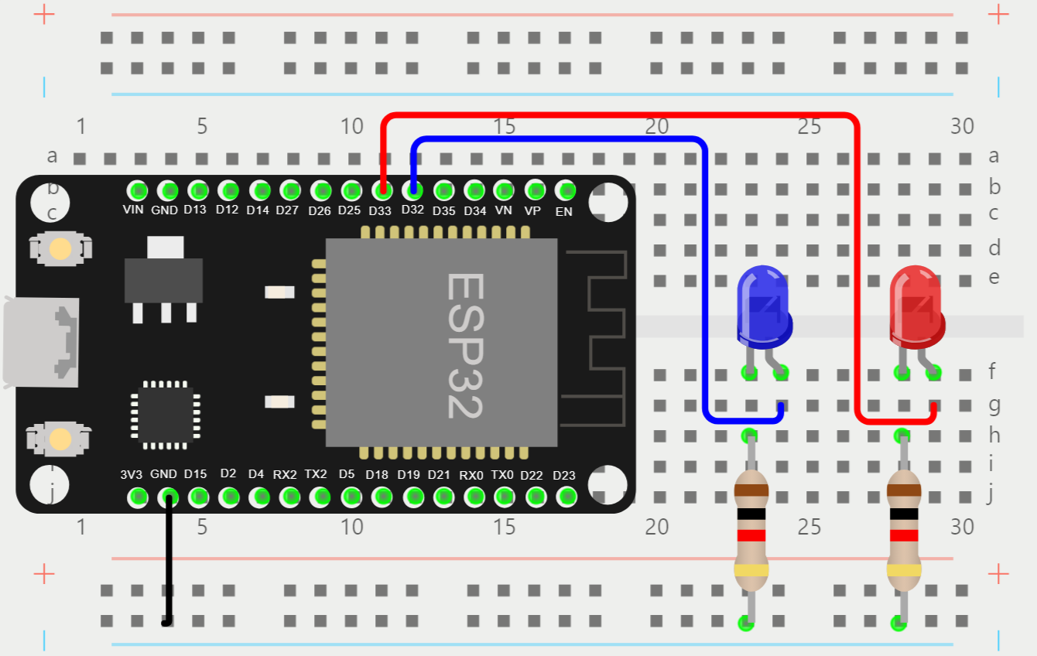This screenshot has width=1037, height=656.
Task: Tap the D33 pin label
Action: (x=380, y=210)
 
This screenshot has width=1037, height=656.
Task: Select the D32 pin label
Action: (x=412, y=210)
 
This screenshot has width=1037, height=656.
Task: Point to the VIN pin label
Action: (x=133, y=210)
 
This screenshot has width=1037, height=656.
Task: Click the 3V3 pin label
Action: (x=132, y=474)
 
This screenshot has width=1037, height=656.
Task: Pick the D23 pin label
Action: (x=564, y=475)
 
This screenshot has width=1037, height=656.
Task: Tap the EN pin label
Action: (x=564, y=211)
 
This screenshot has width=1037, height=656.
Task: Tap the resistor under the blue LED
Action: (x=751, y=530)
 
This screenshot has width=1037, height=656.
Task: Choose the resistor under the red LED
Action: (x=904, y=530)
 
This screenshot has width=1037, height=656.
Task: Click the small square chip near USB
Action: (x=165, y=415)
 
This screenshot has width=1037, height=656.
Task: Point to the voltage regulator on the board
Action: (x=164, y=278)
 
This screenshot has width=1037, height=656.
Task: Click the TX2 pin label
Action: (x=316, y=474)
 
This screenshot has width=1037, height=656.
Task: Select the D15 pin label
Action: (x=195, y=474)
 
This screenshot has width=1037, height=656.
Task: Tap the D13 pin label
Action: (x=195, y=210)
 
